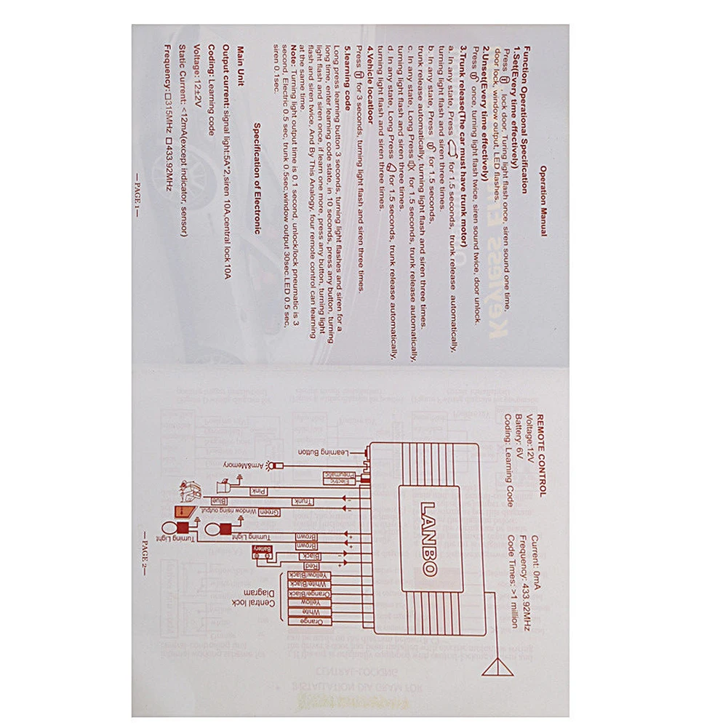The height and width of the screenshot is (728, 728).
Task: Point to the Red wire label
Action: pyautogui.click(x=309, y=565)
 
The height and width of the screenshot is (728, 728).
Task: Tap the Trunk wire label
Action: pyautogui.click(x=301, y=501)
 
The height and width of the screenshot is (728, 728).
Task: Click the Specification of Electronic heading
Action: pyautogui.click(x=257, y=177)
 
